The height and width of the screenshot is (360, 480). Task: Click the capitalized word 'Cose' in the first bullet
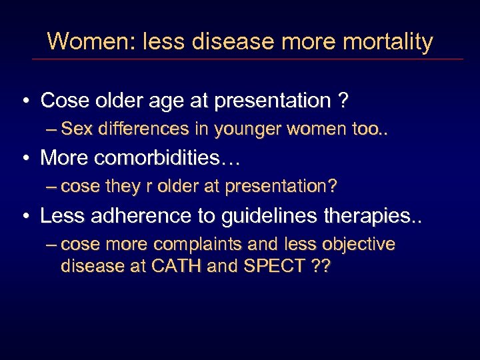[65, 101]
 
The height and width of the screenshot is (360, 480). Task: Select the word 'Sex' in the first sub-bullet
[77, 129]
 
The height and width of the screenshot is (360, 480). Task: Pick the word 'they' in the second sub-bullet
[121, 187]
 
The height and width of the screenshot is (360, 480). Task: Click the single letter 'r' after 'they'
[143, 187]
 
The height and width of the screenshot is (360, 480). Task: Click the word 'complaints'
[204, 245]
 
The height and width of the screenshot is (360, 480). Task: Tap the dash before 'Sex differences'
[52, 129]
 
